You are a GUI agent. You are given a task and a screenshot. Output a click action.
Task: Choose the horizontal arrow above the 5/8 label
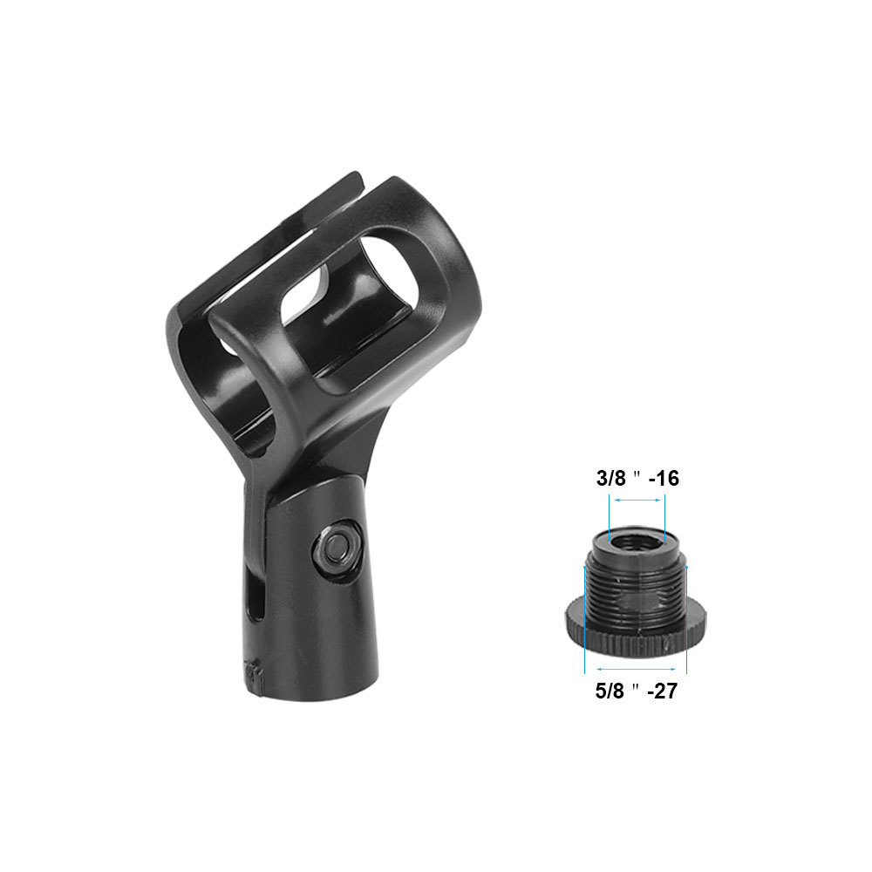tap(635, 668)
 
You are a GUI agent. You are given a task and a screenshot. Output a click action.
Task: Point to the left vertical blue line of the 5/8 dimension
tap(584, 619)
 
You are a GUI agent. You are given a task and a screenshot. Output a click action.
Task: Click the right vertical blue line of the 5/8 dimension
tap(687, 619)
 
